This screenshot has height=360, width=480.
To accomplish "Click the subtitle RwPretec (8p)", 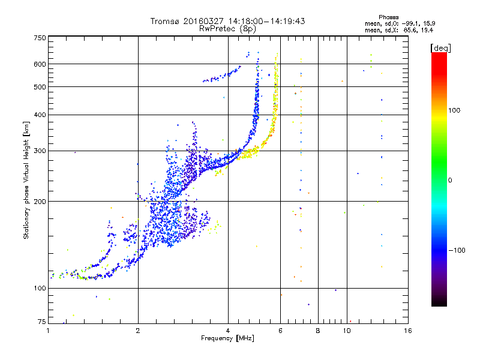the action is tap(227, 29).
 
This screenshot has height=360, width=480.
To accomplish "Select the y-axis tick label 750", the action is tap(40, 38).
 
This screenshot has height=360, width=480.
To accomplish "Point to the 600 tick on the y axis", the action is tap(40, 64).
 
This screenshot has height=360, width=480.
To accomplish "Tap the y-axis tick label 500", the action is tap(40, 87).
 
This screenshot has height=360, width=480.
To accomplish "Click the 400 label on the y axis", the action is tap(40, 115).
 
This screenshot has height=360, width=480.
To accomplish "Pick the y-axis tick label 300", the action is tap(40, 151).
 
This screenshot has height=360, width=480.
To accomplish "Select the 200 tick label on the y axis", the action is tap(40, 202).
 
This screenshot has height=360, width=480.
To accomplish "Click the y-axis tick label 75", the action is tap(42, 322).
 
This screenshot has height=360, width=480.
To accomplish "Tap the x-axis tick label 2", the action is tap(138, 331).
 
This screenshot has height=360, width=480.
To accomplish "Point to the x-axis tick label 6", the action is tap(280, 331).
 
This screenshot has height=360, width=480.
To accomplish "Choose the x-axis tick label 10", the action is tap(347, 331).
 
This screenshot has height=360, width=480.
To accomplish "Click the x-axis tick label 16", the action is tap(408, 331).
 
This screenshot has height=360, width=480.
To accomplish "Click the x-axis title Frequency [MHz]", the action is tap(227, 338).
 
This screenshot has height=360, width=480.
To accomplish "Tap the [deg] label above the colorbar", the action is tap(440, 48).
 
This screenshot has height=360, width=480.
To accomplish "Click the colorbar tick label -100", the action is tap(457, 250).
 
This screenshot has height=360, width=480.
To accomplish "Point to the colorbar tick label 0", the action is tap(450, 181).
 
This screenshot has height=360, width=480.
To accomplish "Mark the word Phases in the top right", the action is tap(388, 17).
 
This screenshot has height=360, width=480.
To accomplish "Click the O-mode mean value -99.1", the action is tap(410, 23).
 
